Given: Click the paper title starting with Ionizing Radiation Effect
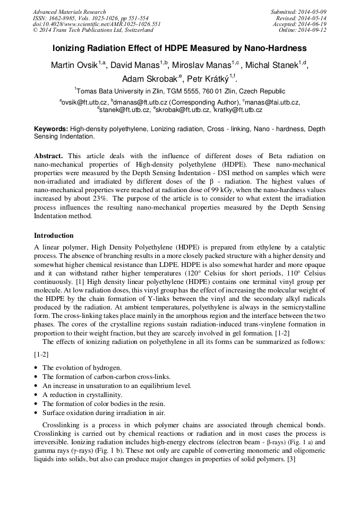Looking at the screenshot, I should click(179, 48).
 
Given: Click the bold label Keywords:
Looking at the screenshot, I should click(51, 129).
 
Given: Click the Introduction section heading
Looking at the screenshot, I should click(54, 236).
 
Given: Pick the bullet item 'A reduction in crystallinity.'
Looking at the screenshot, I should click(82, 395).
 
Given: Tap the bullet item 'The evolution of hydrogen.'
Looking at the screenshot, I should click(82, 368).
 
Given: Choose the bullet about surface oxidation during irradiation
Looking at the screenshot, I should click(104, 413).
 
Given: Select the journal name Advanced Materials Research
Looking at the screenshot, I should click(69, 12).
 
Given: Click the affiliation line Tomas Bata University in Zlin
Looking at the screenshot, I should click(181, 91).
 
